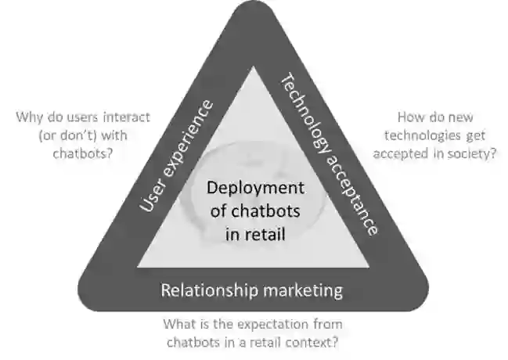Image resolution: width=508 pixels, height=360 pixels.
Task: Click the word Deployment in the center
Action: [254, 188]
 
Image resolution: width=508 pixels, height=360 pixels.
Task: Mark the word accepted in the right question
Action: [400, 153]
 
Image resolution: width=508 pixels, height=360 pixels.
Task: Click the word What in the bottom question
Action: [179, 324]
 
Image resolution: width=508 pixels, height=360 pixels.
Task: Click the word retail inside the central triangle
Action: [261, 232]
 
